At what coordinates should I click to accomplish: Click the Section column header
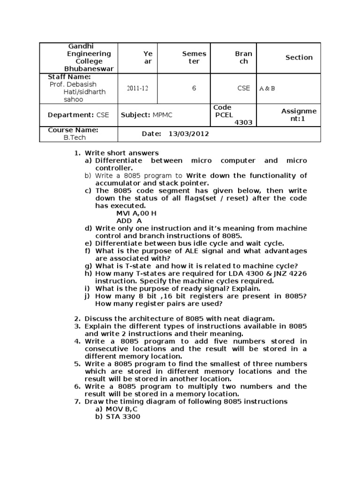pyautogui.click(x=299, y=57)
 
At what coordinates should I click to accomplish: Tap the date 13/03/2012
pyautogui.click(x=189, y=134)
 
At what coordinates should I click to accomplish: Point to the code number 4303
pyautogui.click(x=243, y=122)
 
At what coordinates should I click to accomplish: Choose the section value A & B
pyautogui.click(x=267, y=88)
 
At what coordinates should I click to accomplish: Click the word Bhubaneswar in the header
pyautogui.click(x=89, y=68)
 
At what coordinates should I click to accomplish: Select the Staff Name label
pyautogui.click(x=69, y=77)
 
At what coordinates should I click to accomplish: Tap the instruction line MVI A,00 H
pyautogui.click(x=136, y=213)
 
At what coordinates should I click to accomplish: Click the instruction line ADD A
pyautogui.click(x=129, y=220)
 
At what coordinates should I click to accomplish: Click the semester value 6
pyautogui.click(x=194, y=88)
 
